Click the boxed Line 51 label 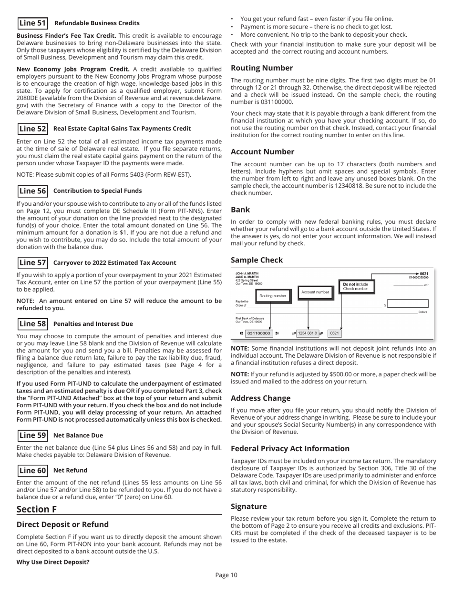point(32,22)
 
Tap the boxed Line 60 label point(32,470)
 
